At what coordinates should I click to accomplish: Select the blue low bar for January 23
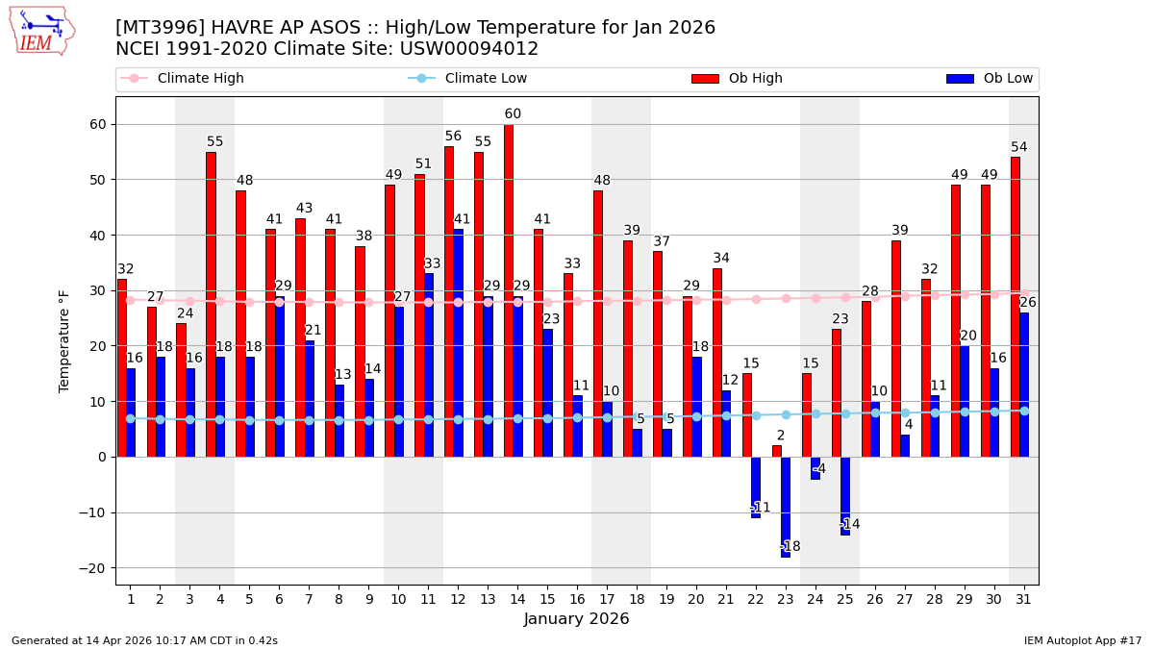point(786,507)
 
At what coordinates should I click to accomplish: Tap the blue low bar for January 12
point(458,342)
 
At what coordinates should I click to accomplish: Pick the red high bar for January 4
point(211,304)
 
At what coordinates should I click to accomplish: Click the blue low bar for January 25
point(845,495)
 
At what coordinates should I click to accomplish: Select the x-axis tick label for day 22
point(756,599)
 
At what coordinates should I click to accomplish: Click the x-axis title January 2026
point(576,619)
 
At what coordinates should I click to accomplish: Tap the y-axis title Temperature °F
point(64,340)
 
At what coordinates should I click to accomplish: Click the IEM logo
point(41,31)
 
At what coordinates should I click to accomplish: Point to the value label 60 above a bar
point(513,114)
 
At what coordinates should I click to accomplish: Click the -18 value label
point(790,547)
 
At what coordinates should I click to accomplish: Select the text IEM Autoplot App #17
point(1082,640)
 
